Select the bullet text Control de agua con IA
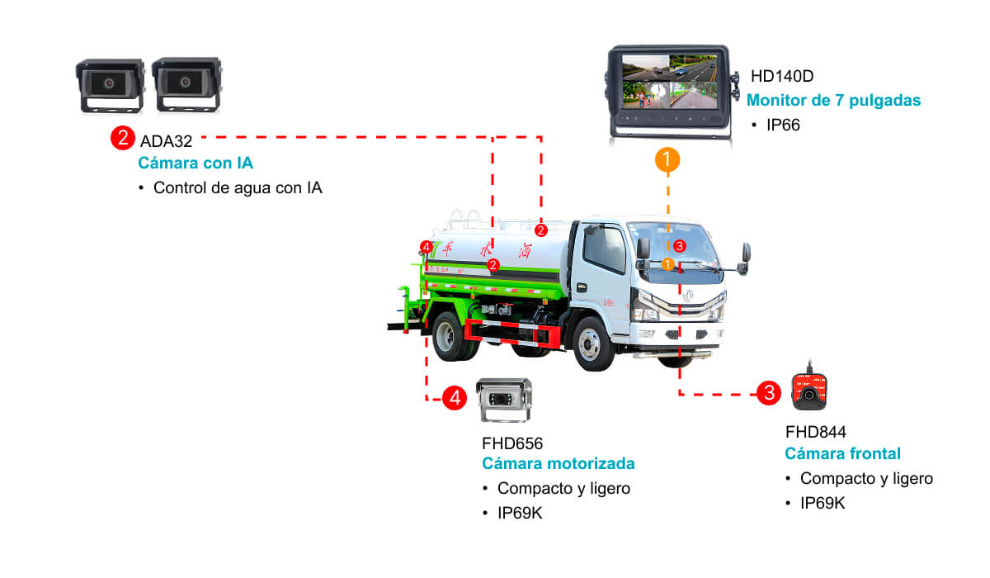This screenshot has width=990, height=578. pos(238,187)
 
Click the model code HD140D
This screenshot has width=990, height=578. pos(782,77)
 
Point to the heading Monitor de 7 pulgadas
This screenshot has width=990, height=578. pos(833,101)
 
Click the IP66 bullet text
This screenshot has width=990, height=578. pos(783,126)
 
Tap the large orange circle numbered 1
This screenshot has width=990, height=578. pos(667,159)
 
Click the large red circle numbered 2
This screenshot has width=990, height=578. pos(122,137)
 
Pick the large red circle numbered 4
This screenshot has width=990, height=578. pos(454,398)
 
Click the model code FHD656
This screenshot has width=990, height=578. pos(512,443)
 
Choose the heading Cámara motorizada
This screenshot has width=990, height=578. pos(559,463)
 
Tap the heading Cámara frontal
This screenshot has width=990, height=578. pos(842,453)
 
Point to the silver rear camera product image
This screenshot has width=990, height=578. pos(506,400)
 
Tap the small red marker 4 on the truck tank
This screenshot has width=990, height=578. pos(426,247)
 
